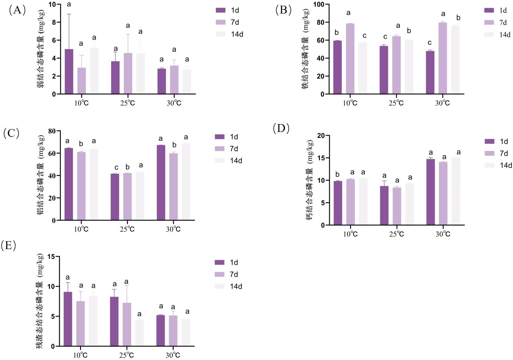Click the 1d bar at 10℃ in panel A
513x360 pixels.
point(69,72)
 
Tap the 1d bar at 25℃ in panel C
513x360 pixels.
point(115,197)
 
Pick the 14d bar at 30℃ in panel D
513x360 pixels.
point(456,191)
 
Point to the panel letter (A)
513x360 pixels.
point(17,10)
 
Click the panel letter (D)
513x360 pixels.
point(281,128)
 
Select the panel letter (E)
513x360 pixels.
point(8,245)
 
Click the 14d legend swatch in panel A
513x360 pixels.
point(221,34)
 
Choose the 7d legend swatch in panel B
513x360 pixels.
point(489,22)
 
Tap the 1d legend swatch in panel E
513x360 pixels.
point(220,262)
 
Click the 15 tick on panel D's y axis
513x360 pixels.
point(321,158)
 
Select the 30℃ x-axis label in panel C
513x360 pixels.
point(173,229)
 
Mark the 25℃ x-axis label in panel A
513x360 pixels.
point(128,103)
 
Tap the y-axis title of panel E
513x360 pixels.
point(40,301)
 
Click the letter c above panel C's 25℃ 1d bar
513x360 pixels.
point(116,167)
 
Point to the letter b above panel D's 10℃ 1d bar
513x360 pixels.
point(337,174)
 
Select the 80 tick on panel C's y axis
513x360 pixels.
point(52,131)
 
